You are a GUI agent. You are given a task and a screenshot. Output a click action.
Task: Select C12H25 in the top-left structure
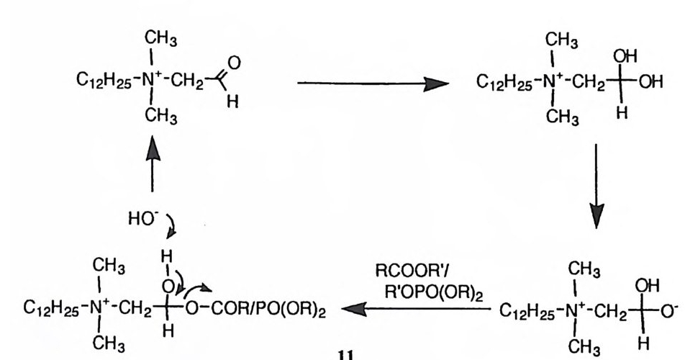coord(101,78)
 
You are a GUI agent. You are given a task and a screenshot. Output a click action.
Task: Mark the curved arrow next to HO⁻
coord(173,229)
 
